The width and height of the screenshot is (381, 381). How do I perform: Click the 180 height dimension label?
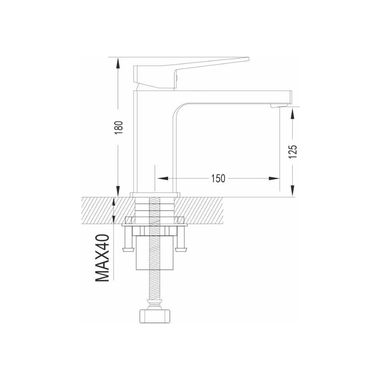pos(119,128)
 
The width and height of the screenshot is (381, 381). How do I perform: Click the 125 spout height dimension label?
pos(293,152)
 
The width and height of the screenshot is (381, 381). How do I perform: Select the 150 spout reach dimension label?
pos(218,179)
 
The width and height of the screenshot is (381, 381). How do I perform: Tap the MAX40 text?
pos(102,258)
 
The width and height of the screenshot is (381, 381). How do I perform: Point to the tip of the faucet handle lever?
pos(249,59)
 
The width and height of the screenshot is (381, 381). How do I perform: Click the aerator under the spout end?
pos(279,105)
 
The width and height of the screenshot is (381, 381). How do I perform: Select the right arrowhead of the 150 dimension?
pos(274,179)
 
